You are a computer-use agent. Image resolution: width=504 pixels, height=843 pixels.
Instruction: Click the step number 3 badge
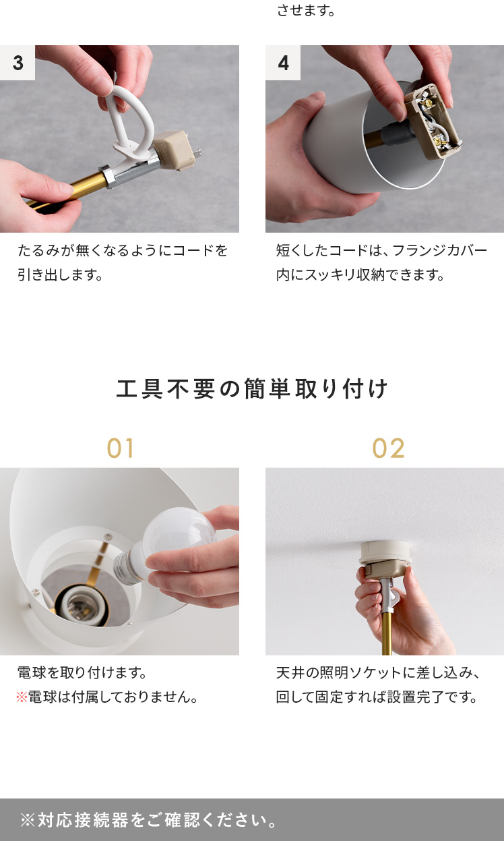tap(18, 63)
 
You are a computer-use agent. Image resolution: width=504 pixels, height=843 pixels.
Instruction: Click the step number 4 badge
tap(283, 63)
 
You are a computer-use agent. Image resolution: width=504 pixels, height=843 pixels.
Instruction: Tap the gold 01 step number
tap(120, 448)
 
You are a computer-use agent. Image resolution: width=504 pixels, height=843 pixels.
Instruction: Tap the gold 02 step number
tap(388, 448)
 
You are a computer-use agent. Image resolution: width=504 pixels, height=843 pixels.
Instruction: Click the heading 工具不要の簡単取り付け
tap(251, 388)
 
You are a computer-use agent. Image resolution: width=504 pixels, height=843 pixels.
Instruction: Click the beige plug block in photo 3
tap(175, 150)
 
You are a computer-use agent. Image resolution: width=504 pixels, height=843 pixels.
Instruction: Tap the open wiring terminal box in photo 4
tap(433, 121)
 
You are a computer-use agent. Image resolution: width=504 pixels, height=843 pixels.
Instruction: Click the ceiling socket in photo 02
tap(385, 557)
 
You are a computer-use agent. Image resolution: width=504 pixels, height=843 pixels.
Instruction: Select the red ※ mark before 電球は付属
tap(22, 697)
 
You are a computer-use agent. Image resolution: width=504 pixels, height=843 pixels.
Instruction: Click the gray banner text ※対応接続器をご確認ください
tap(148, 820)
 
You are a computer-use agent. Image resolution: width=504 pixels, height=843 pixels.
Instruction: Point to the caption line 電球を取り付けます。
tap(82, 672)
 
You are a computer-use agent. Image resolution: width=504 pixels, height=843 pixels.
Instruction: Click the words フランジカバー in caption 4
tap(439, 250)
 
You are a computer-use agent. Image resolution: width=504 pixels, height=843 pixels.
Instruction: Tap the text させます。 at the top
tap(305, 10)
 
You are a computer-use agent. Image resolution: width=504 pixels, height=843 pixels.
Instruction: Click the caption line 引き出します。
tap(60, 274)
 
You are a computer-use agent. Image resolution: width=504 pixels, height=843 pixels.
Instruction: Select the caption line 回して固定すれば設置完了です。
tap(376, 697)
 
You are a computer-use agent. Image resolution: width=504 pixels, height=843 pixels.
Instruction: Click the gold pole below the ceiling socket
tap(387, 633)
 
